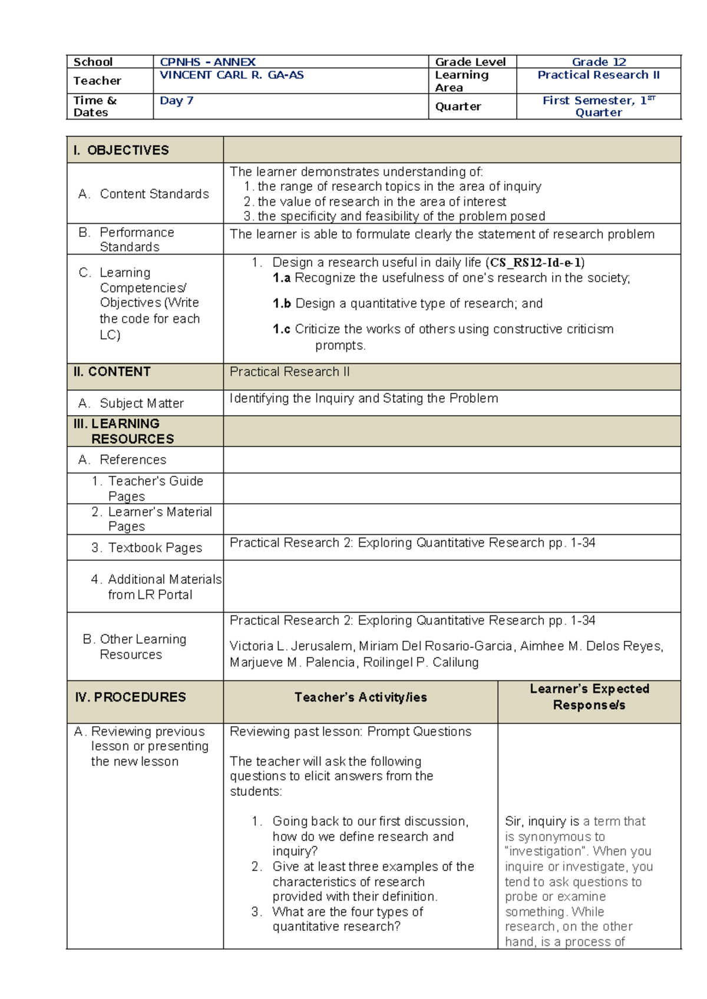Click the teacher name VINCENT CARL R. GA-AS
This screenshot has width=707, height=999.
coord(232,75)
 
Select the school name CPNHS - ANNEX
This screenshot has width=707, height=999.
coord(207,62)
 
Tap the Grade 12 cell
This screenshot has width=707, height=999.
coord(599,62)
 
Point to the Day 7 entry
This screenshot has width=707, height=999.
coord(176,100)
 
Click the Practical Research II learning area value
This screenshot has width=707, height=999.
coord(599,75)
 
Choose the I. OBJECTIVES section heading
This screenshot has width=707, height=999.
coord(121,150)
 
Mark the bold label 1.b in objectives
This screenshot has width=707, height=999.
coord(282,303)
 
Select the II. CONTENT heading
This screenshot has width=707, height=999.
coord(112,372)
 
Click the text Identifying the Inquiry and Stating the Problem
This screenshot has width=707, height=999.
coord(364,398)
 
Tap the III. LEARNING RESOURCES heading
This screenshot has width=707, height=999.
coord(124,431)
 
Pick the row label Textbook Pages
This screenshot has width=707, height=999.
coord(154,548)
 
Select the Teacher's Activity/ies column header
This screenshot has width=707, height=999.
coord(361,697)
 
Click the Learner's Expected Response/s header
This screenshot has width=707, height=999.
coord(589,697)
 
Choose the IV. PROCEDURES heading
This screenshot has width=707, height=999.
coord(130,697)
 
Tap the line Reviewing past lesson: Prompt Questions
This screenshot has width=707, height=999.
coord(351,732)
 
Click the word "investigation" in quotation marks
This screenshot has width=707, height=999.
coord(546,851)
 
